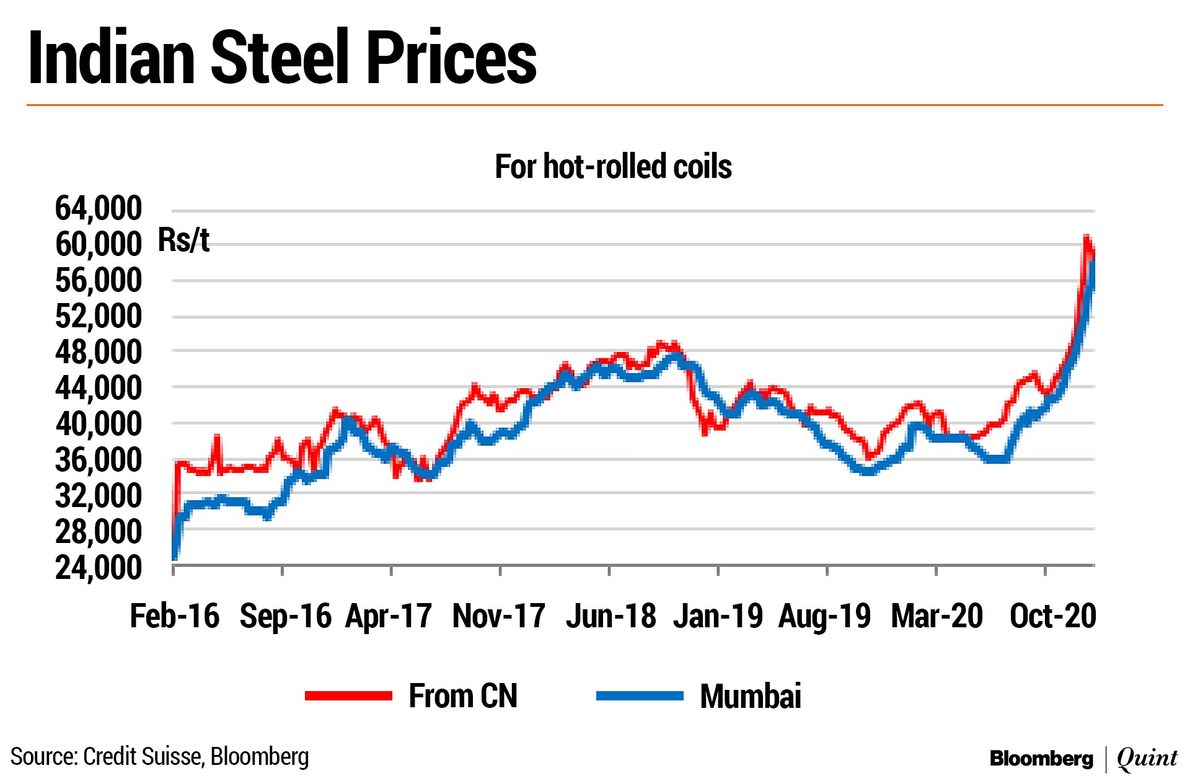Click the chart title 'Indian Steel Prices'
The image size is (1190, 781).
pyautogui.click(x=282, y=57)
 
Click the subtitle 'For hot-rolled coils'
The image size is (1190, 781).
pyautogui.click(x=613, y=166)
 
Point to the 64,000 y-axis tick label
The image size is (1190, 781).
pyautogui.click(x=99, y=208)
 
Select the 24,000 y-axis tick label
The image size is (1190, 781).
pyautogui.click(x=99, y=568)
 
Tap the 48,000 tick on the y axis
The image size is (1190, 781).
pyautogui.click(x=99, y=352)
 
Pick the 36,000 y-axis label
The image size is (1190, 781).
pyautogui.click(x=99, y=460)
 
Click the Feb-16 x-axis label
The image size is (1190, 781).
pyautogui.click(x=174, y=616)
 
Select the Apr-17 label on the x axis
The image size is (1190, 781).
pyautogui.click(x=389, y=616)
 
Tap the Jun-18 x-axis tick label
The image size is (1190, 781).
pyautogui.click(x=610, y=616)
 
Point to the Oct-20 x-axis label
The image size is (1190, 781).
pyautogui.click(x=1052, y=616)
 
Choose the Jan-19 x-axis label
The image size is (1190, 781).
pyautogui.click(x=718, y=616)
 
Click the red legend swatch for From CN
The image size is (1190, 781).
pyautogui.click(x=348, y=696)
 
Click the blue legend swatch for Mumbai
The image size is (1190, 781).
pyautogui.click(x=640, y=696)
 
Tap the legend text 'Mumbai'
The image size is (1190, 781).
pyautogui.click(x=750, y=696)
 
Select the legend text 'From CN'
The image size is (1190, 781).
pyautogui.click(x=462, y=696)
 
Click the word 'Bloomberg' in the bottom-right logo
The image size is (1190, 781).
pyautogui.click(x=1041, y=758)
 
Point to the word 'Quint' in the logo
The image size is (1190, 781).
pyautogui.click(x=1147, y=758)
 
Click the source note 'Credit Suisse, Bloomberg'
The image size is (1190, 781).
pyautogui.click(x=195, y=757)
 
